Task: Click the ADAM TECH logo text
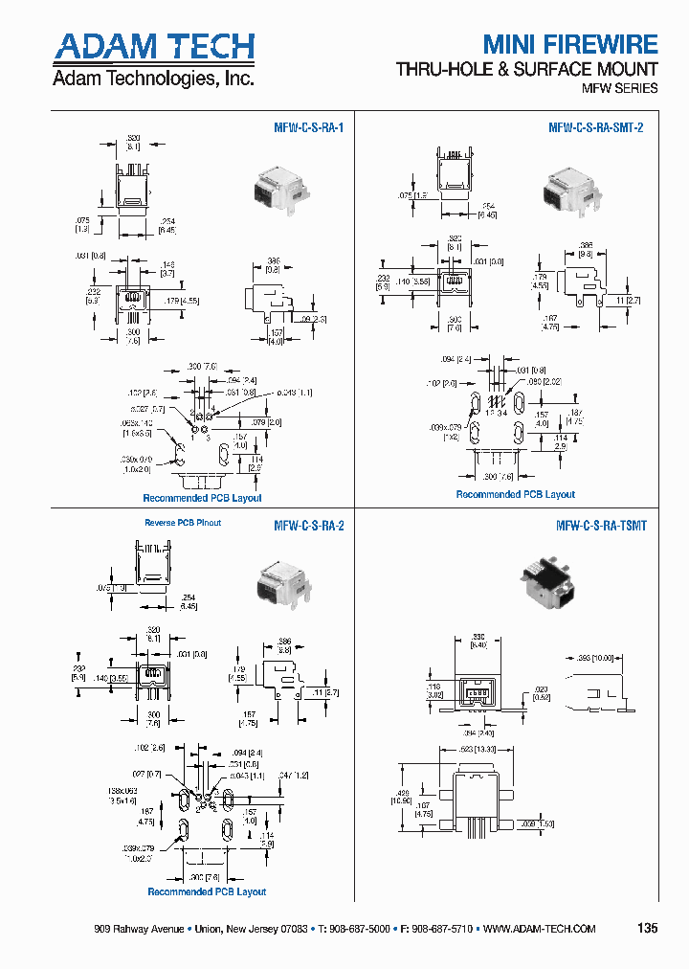(x=153, y=47)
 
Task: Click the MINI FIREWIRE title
(x=569, y=44)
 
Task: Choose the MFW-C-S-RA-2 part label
(x=308, y=526)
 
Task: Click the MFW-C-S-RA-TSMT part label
(x=601, y=526)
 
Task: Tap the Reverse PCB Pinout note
(x=183, y=523)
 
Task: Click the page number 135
(x=647, y=929)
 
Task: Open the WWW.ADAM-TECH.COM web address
(x=539, y=930)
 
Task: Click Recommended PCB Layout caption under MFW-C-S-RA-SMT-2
(x=515, y=494)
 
